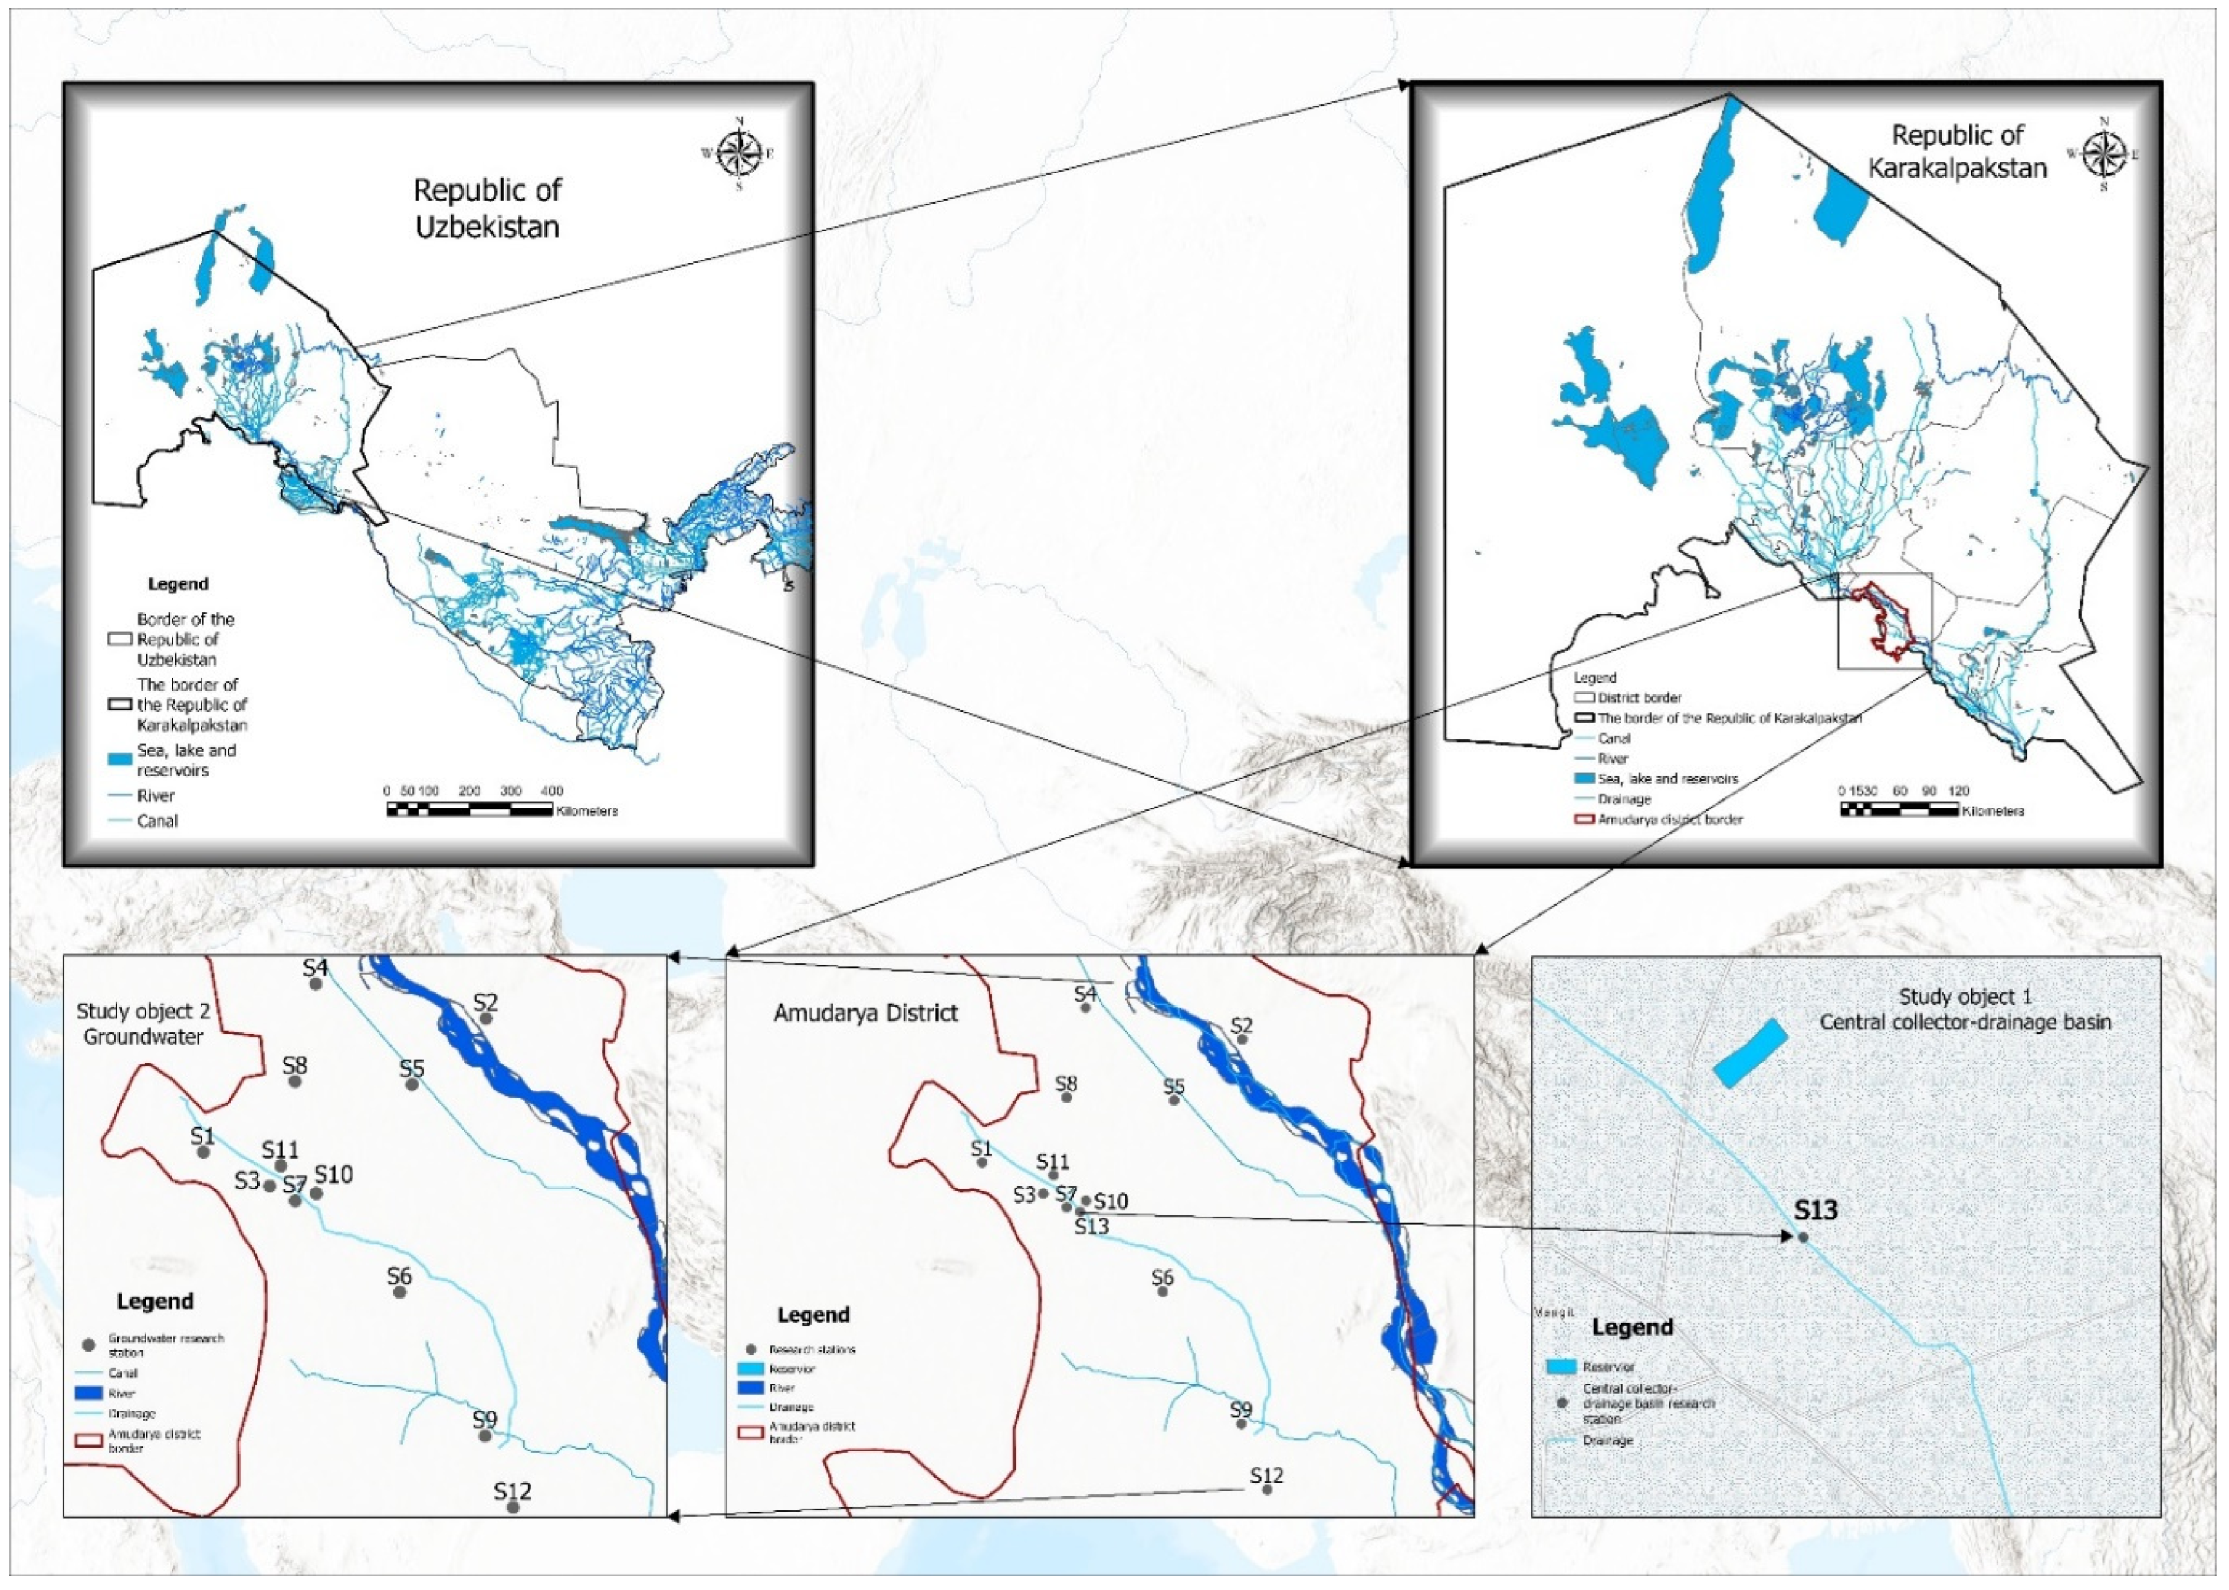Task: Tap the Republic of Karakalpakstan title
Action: [x=1957, y=152]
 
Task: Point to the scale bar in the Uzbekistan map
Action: [x=470, y=809]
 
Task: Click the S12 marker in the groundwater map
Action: [x=513, y=1534]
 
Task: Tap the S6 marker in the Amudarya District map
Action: [x=1163, y=1291]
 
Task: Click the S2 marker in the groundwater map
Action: [x=485, y=1018]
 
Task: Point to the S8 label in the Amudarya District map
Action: [x=1066, y=1084]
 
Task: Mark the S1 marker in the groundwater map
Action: [x=203, y=1152]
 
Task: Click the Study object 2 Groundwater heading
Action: [x=143, y=1024]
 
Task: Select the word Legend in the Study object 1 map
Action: [x=1632, y=1327]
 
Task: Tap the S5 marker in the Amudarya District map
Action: [x=1174, y=1100]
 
